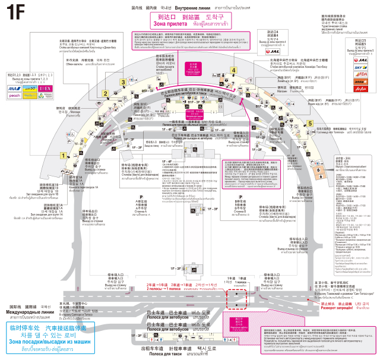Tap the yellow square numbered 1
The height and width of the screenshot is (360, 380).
coord(62,156)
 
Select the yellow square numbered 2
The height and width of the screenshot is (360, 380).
coord(105,93)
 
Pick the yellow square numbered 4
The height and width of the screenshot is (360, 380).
coord(234,71)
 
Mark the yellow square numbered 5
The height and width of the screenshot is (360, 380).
coord(310,123)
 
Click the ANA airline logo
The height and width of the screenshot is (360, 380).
coord(15,89)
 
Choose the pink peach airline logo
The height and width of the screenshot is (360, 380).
coord(15,95)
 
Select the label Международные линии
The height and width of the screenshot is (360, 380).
coord(33,312)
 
